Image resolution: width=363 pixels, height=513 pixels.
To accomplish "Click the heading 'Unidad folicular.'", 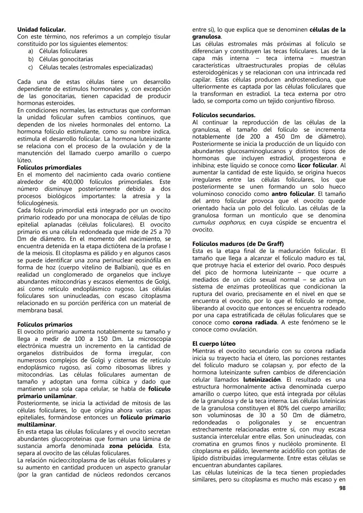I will (x=41, y=30).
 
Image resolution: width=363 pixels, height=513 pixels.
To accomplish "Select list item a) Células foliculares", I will (x=63, y=51).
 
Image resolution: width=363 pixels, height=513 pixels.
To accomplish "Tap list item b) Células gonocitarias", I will (x=66, y=59).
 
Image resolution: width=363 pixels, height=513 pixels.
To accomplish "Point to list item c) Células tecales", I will (x=95, y=67).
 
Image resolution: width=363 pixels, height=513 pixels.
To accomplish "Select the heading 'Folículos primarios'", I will (x=45, y=325).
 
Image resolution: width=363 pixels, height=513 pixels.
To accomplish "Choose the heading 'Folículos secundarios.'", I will (x=224, y=115).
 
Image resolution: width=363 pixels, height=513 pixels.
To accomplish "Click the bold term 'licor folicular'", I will (x=317, y=165).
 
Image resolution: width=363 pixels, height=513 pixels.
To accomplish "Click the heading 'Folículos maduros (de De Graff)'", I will (x=238, y=244).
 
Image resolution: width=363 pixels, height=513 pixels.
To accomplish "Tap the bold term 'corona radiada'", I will (x=255, y=322).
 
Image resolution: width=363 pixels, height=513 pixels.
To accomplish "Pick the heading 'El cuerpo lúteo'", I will (x=214, y=344).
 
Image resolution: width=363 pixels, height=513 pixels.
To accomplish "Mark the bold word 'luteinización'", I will (x=262, y=379).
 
